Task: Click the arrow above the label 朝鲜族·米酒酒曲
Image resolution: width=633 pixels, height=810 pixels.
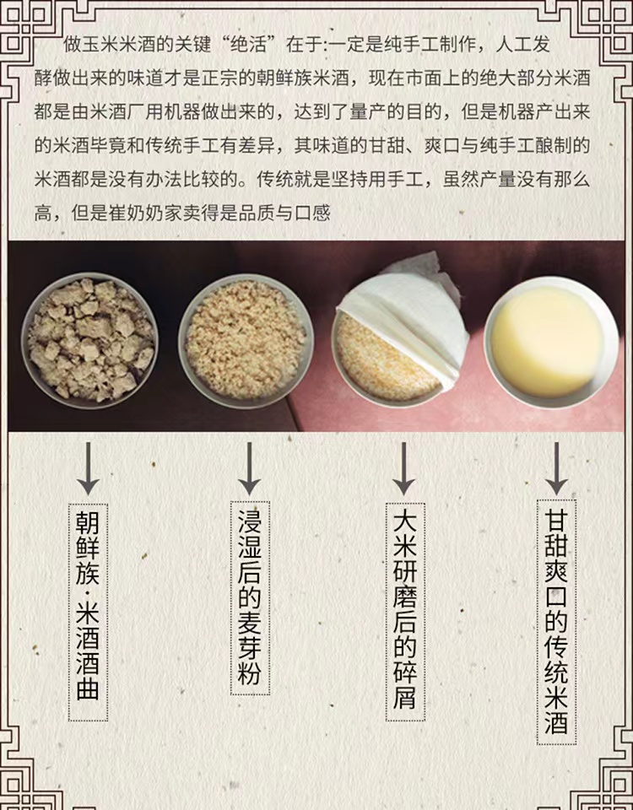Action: [88, 469]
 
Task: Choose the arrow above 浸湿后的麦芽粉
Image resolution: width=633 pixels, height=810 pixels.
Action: [249, 468]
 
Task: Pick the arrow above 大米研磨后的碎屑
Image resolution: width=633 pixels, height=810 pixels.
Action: [403, 468]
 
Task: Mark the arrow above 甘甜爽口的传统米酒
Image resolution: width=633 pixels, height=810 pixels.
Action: [556, 468]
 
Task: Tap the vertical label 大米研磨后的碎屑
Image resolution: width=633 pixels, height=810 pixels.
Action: [404, 612]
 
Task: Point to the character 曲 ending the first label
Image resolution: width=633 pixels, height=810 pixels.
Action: [88, 690]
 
